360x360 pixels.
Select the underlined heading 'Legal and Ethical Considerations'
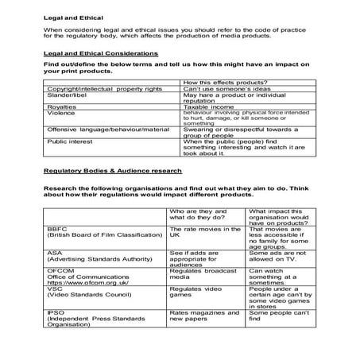pyautogui.click(x=99, y=52)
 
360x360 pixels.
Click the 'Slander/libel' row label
pyautogui.click(x=68, y=96)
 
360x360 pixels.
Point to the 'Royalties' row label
pyautogui.click(x=61, y=106)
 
